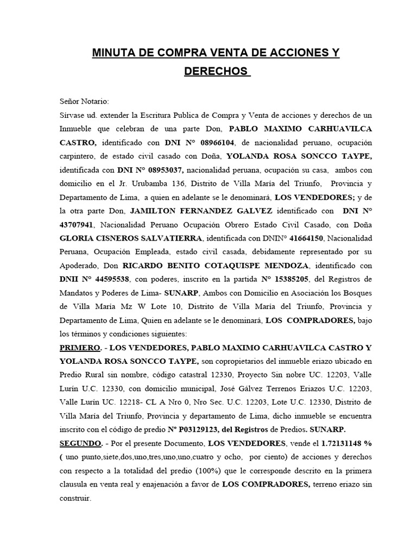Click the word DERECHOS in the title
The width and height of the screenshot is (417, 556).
pos(216,72)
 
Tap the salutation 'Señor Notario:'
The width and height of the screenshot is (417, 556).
pos(84,101)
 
